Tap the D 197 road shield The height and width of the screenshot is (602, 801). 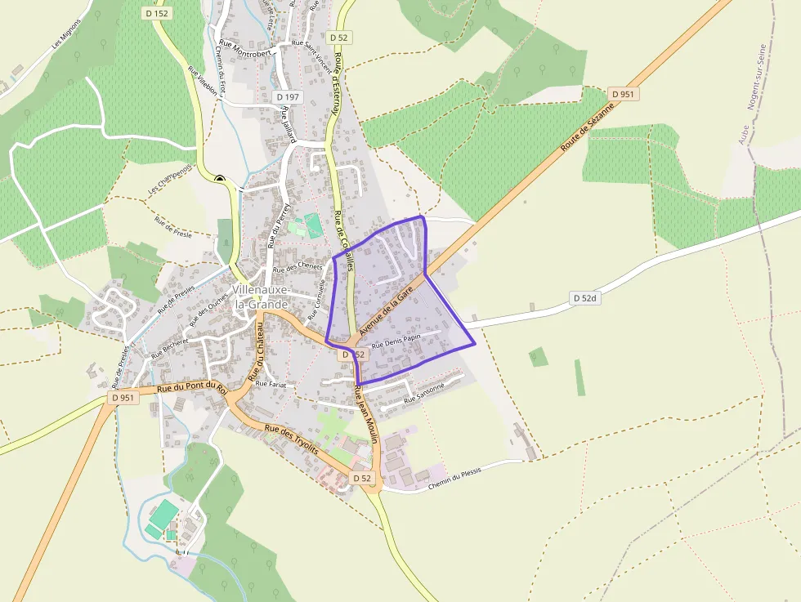[289, 97]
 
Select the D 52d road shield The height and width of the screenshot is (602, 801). [585, 299]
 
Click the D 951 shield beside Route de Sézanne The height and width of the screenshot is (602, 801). [622, 95]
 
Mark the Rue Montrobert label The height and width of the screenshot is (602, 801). [244, 47]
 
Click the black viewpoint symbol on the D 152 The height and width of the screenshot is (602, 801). [220, 177]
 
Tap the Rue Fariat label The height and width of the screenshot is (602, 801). [271, 383]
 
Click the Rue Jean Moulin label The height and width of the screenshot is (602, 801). [365, 416]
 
